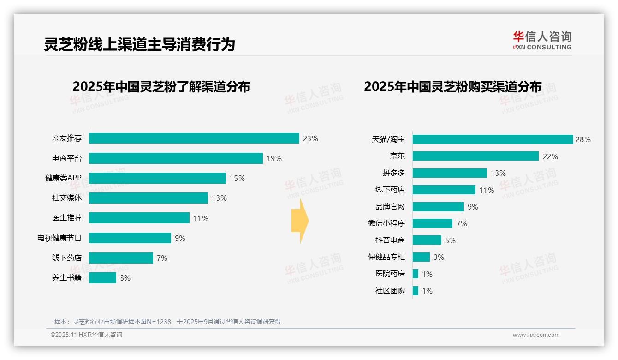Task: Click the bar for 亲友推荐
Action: point(194,138)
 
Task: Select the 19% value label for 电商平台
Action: point(274,158)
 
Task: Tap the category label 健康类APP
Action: point(63,178)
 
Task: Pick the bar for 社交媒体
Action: point(148,198)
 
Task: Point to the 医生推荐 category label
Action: point(66,218)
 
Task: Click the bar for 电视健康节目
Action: point(130,238)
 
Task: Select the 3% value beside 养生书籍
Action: point(125,278)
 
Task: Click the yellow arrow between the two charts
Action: point(300,221)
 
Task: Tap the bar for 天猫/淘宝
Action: point(492,139)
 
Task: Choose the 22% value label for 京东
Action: point(550,156)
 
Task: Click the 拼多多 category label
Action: point(393,173)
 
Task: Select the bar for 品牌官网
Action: point(438,207)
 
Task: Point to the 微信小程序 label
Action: point(386,223)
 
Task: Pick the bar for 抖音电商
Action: point(427,240)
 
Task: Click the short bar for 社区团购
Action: point(415,291)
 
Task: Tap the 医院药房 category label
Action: point(390,274)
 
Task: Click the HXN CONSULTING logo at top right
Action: point(542,41)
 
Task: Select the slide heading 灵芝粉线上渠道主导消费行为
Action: point(139,44)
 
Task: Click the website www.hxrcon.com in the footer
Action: point(536,335)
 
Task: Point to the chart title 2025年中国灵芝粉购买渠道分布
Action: point(452,87)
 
